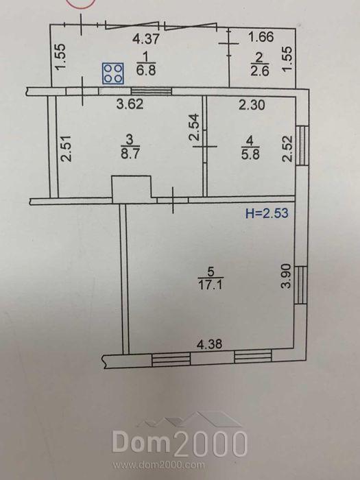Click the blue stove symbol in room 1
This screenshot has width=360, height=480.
[x=113, y=73]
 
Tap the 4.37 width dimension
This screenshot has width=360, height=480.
[x=146, y=39]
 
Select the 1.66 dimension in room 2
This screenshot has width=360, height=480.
[x=261, y=37]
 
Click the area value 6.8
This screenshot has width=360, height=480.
[x=146, y=70]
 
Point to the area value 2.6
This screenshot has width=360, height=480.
[x=260, y=71]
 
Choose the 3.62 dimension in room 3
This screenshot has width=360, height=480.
[x=130, y=104]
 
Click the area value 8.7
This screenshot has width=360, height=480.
[x=130, y=153]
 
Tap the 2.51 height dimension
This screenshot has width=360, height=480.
[x=66, y=148]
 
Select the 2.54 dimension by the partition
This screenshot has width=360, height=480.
[x=194, y=128]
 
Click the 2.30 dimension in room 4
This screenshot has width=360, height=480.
[x=252, y=106]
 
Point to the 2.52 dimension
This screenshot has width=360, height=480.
[x=288, y=149]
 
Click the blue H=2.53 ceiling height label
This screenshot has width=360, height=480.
[x=267, y=213]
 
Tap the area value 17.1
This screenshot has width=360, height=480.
[x=211, y=285]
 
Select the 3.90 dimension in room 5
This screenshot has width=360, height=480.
[x=287, y=277]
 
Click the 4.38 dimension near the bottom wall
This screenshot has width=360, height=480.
[x=209, y=344]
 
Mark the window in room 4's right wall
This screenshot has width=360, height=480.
[x=302, y=145]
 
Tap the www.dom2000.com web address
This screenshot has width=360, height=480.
[x=158, y=466]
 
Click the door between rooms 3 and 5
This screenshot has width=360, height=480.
[x=173, y=200]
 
